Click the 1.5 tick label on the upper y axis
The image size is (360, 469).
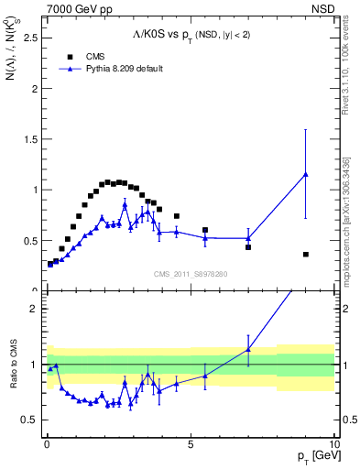pyautogui.click(x=28, y=140)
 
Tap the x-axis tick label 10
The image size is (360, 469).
pyautogui.click(x=333, y=442)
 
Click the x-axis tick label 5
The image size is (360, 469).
pyautogui.click(x=190, y=442)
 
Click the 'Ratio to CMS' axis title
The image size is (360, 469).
pyautogui.click(x=12, y=378)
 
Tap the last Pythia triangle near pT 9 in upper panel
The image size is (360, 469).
pyautogui.click(x=305, y=174)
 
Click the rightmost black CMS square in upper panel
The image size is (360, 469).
pyautogui.click(x=305, y=254)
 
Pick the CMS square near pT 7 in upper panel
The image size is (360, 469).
pyautogui.click(x=248, y=247)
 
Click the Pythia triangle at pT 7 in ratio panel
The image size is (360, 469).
pyautogui.click(x=248, y=349)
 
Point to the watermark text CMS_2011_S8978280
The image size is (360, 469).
pyautogui.click(x=190, y=272)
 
